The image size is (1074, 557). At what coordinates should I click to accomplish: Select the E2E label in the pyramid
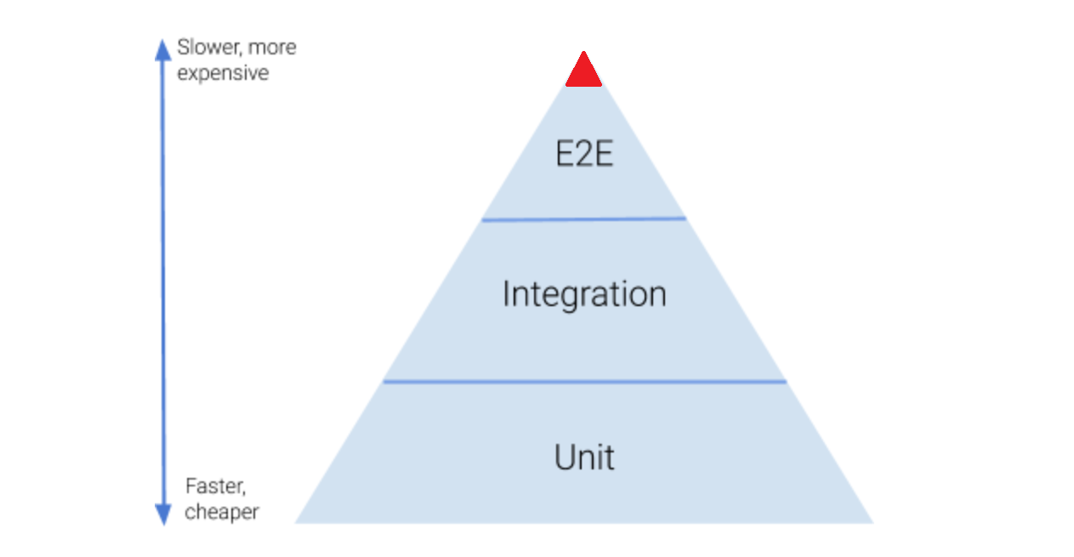[584, 155]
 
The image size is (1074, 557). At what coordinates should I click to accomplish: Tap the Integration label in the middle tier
[584, 294]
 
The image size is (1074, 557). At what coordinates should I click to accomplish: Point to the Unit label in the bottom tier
[584, 458]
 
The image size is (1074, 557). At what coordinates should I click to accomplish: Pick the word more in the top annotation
[272, 48]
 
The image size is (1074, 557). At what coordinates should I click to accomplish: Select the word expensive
[223, 73]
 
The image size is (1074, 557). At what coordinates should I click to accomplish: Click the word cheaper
[222, 512]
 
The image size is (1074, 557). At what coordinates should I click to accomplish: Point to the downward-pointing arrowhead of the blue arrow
[163, 514]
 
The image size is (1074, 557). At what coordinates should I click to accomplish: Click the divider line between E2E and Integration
[583, 219]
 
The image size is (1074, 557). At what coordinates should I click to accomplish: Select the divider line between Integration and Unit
[584, 382]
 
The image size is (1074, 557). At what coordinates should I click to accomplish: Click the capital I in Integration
[505, 294]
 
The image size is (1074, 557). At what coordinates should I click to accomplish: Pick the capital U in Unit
[565, 458]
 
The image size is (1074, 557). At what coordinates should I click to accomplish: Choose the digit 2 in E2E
[584, 155]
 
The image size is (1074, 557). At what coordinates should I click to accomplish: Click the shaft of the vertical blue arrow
[163, 281]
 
